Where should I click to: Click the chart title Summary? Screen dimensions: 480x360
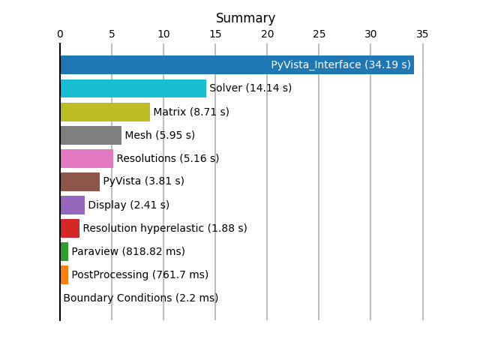[245, 18]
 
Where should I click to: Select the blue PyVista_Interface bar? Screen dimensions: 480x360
[237, 65]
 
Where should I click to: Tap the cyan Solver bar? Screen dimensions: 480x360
[133, 88]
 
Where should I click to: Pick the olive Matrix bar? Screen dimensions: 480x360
[105, 112]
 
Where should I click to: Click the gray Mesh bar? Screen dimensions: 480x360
[91, 135]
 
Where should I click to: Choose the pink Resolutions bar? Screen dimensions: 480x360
[87, 158]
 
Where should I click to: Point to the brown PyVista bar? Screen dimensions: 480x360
[80, 181]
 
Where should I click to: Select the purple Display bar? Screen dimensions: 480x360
[73, 205]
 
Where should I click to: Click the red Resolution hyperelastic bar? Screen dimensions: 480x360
[70, 228]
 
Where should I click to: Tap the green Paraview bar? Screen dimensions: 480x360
[64, 252]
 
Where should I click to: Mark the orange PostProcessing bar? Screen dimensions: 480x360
[64, 275]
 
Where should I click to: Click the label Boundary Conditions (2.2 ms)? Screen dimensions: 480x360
[141, 298]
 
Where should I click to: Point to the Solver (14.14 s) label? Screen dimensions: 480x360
[250, 88]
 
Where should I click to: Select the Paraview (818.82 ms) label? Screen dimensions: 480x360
[128, 252]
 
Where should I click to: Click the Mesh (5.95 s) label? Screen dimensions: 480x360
[160, 135]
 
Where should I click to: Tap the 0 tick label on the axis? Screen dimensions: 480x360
[60, 34]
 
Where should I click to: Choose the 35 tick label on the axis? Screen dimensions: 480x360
[422, 34]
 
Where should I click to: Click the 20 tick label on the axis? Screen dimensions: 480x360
[267, 34]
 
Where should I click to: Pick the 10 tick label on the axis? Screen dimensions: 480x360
[163, 34]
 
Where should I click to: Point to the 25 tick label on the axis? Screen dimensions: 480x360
[319, 34]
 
